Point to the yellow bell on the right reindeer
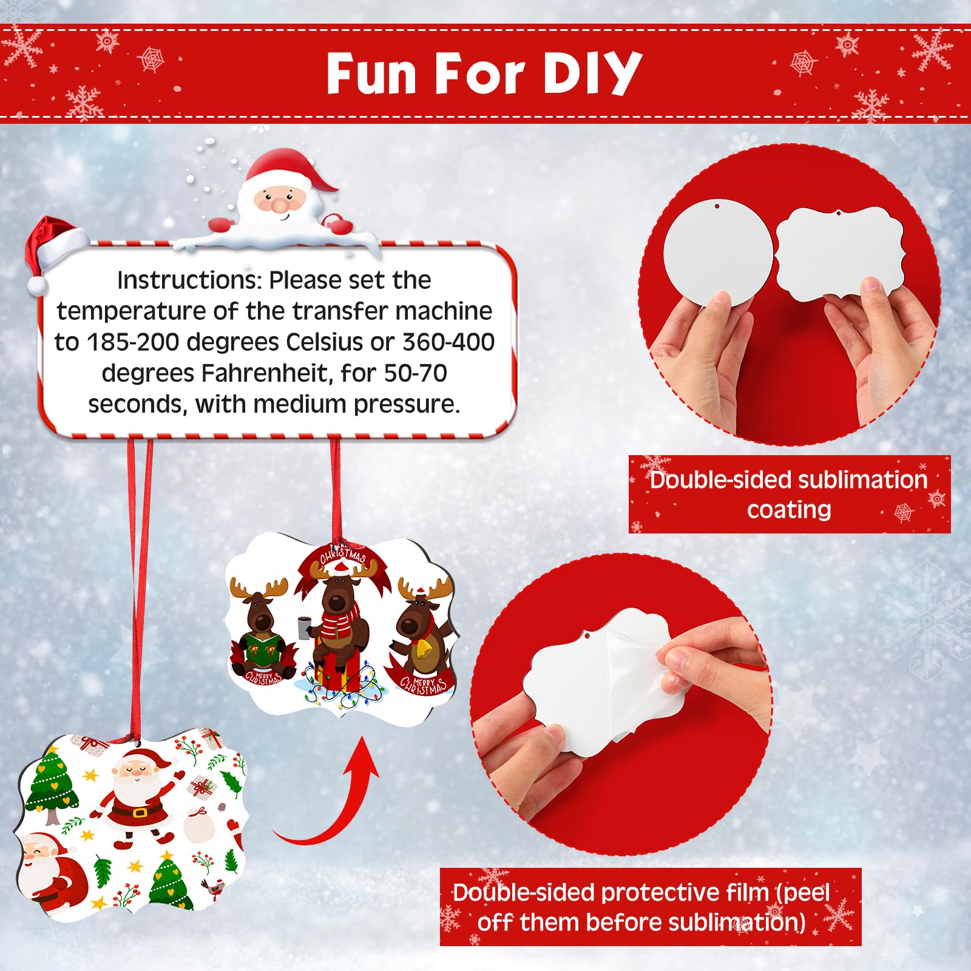pos(426,649)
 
